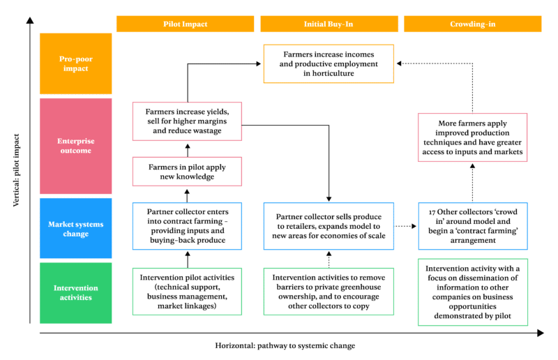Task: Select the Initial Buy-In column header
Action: [x=329, y=24]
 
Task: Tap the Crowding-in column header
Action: [x=472, y=24]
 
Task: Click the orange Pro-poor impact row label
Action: [x=75, y=63]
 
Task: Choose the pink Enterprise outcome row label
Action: [x=75, y=146]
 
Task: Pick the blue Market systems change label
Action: [x=75, y=228]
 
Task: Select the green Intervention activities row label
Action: [x=75, y=292]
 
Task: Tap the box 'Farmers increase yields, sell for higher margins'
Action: [x=186, y=121]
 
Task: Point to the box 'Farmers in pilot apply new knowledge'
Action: [x=186, y=172]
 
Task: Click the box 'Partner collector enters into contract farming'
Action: [x=186, y=225]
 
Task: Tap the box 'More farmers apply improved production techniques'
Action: [x=472, y=137]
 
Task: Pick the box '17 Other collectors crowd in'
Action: [x=472, y=225]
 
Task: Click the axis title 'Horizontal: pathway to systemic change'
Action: [x=285, y=345]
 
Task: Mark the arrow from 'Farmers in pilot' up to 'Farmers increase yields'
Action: [x=186, y=148]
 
